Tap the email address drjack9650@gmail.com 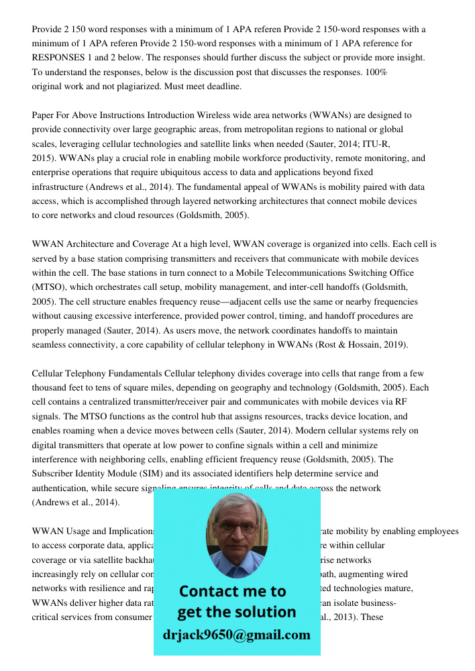point(236,635)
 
